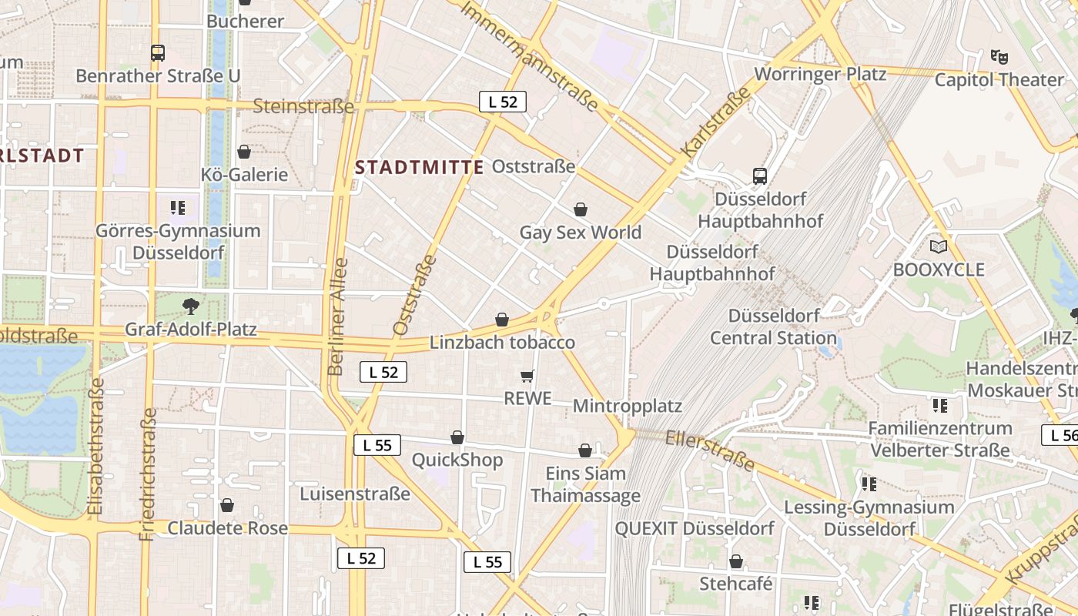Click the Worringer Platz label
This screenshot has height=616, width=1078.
click(x=820, y=74)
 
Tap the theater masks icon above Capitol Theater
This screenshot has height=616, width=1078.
click(x=999, y=56)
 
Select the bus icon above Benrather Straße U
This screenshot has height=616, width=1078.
click(x=158, y=53)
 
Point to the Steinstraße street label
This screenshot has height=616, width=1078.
click(x=303, y=106)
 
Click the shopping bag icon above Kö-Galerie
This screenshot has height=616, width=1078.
click(x=244, y=152)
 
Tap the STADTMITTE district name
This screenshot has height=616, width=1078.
click(x=420, y=167)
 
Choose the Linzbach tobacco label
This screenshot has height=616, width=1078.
click(x=502, y=343)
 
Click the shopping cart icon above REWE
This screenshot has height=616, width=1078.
click(x=527, y=376)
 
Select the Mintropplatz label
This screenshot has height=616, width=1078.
click(x=628, y=406)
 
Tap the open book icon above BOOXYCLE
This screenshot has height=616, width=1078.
click(x=938, y=246)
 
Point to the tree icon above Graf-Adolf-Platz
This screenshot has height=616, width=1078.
click(x=190, y=307)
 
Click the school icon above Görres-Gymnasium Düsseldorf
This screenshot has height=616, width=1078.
click(x=178, y=207)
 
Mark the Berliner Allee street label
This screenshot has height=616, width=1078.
click(x=337, y=316)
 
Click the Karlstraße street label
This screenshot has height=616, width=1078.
click(x=716, y=123)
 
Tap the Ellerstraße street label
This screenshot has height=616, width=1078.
click(x=709, y=450)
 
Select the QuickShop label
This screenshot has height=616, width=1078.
click(x=457, y=460)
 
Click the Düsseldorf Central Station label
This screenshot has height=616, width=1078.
click(x=773, y=326)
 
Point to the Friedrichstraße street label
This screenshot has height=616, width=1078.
click(x=148, y=474)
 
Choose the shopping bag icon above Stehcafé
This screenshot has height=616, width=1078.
click(x=736, y=561)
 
